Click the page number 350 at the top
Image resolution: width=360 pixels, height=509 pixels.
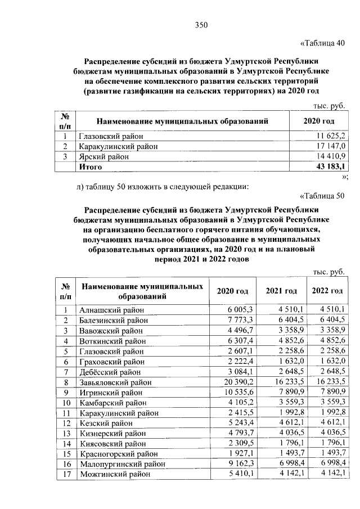coord(201,24)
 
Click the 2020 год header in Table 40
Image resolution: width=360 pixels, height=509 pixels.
coord(318,121)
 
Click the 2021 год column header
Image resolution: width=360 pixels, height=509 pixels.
coord(281,291)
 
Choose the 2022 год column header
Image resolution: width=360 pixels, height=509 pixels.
coord(327,291)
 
